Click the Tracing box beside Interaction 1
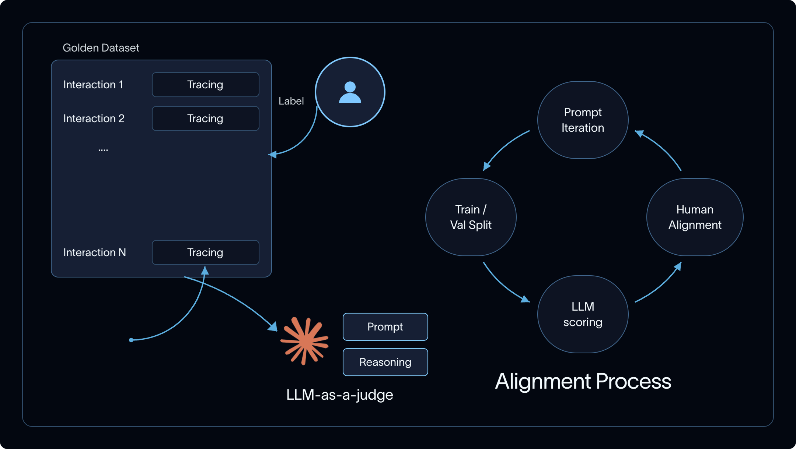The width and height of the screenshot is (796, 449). click(206, 85)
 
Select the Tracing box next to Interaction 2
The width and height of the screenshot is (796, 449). click(206, 119)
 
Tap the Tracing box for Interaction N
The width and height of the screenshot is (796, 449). click(206, 252)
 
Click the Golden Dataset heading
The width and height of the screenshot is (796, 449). click(101, 48)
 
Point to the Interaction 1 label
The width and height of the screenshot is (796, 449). click(93, 85)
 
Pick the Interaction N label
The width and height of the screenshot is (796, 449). click(94, 252)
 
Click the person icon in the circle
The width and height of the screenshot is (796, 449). click(350, 92)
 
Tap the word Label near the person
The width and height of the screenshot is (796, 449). click(291, 101)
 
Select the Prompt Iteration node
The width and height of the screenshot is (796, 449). click(583, 120)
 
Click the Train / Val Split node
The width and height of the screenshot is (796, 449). click(471, 217)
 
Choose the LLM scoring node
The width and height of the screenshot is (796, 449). click(583, 314)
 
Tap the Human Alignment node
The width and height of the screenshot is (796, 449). click(695, 217)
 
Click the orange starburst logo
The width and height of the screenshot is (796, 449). click(304, 341)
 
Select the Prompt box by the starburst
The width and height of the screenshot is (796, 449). click(385, 327)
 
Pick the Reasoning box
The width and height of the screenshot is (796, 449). click(385, 362)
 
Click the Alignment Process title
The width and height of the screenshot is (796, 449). click(583, 381)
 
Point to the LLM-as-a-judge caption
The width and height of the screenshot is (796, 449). click(340, 395)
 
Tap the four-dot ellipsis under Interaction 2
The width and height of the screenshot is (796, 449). click(103, 150)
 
